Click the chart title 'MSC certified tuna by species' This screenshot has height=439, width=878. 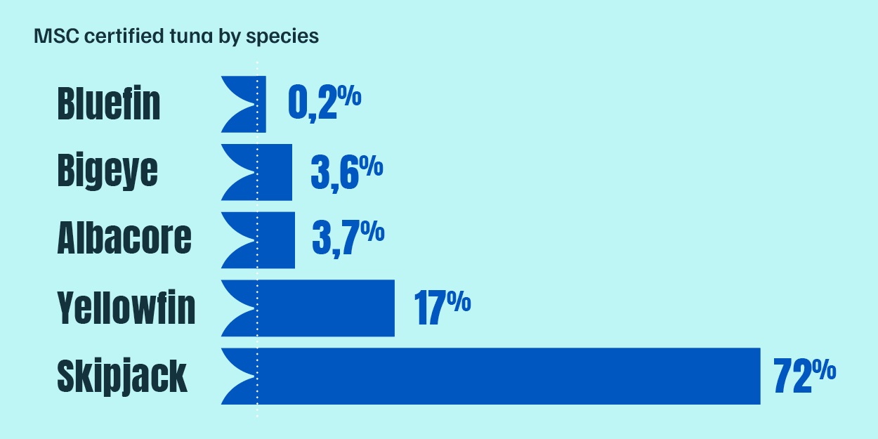tap(176, 37)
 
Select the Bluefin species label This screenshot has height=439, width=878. tap(109, 104)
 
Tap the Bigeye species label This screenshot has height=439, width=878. tap(107, 171)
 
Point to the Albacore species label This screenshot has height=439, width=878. tap(124, 239)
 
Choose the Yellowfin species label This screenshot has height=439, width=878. tap(126, 308)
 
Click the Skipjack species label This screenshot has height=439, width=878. tap(122, 376)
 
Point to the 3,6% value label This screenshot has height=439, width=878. tap(346, 172)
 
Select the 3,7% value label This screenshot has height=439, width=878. tap(348, 240)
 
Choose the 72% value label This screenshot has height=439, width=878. tap(804, 376)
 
